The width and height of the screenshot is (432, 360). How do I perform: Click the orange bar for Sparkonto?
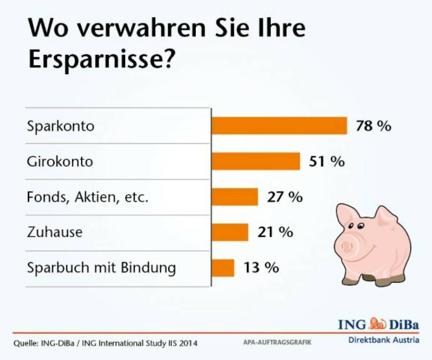[x=279, y=126]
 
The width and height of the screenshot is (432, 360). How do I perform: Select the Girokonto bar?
[x=256, y=161]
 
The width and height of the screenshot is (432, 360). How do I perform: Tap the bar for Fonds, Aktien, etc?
[x=235, y=196]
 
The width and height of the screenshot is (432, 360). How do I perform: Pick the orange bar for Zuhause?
[x=230, y=232]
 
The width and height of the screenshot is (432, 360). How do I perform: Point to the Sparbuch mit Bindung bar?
[x=223, y=268]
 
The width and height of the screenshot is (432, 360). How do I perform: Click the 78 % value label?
[x=373, y=126]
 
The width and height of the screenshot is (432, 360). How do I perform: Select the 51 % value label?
[x=326, y=161]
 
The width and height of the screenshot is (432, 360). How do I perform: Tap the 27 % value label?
[x=285, y=197]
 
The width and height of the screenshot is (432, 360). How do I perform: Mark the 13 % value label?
[x=261, y=268]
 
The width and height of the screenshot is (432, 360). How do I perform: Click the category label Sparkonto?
[x=61, y=126]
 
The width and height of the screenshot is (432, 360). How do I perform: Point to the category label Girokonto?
[x=60, y=162]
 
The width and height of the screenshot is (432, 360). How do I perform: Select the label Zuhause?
[x=54, y=232]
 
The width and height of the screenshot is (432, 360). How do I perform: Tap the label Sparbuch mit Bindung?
[x=101, y=268]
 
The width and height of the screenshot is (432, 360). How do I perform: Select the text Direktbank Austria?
[x=383, y=340]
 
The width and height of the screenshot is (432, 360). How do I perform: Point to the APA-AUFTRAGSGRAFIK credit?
[x=277, y=343]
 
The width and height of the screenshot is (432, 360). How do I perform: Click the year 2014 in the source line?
[x=188, y=344]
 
